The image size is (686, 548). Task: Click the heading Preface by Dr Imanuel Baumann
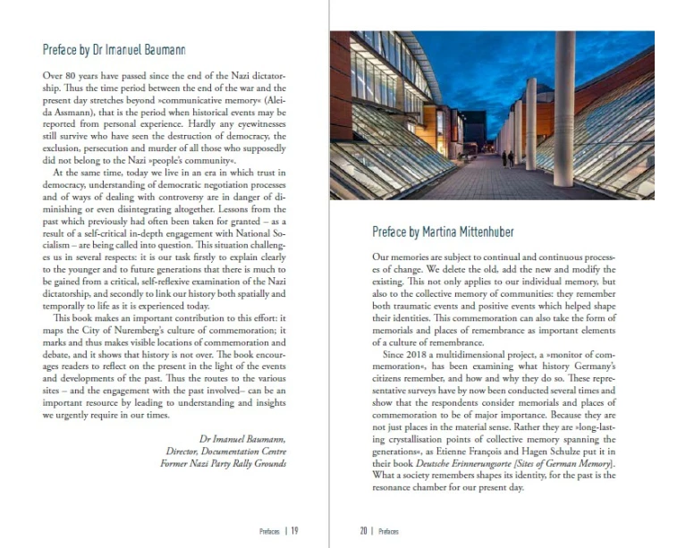pyautogui.click(x=114, y=50)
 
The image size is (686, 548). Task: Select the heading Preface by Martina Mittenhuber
pyautogui.click(x=443, y=232)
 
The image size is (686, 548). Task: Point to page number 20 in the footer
pyautogui.click(x=364, y=530)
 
